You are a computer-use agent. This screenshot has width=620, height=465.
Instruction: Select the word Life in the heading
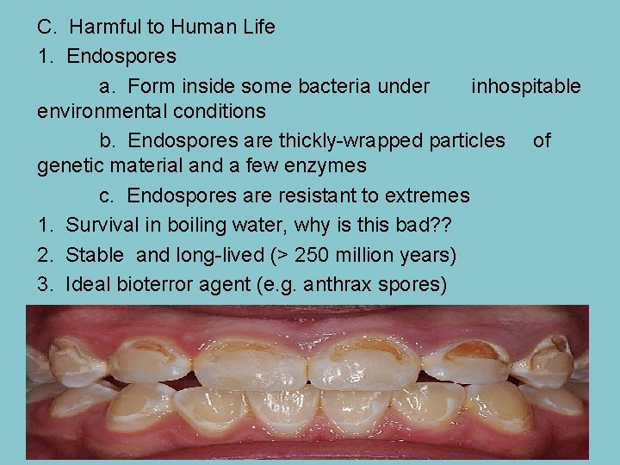pos(257,27)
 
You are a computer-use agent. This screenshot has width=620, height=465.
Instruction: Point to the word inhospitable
pos(525,86)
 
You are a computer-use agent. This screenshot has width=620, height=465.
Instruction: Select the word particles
pos(466,140)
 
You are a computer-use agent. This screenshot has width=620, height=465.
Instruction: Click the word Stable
pos(94,255)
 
